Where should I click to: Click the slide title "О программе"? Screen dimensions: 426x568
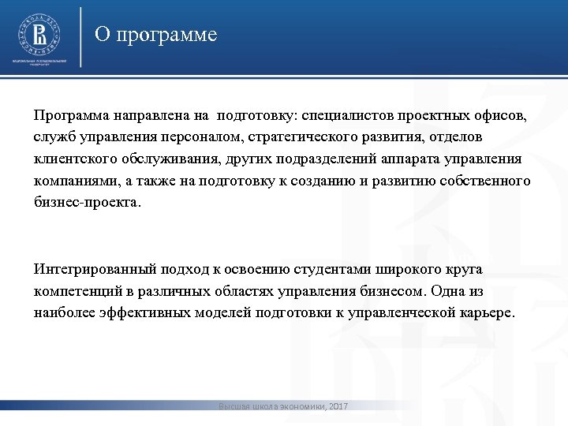pyautogui.click(x=155, y=35)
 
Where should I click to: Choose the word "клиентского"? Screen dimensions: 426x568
pyautogui.click(x=73, y=159)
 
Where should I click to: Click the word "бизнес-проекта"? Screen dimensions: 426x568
pyautogui.click(x=87, y=203)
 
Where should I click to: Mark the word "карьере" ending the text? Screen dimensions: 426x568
pyautogui.click(x=487, y=312)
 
